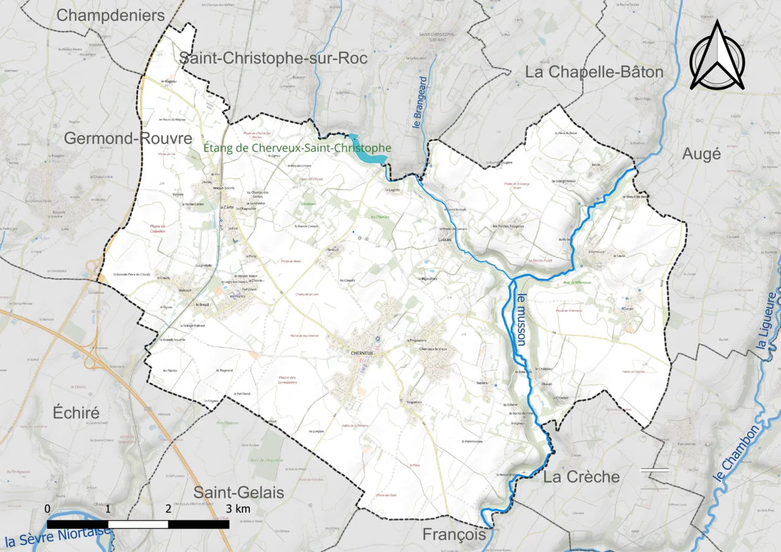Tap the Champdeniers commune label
110,15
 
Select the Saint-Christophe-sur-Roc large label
273,58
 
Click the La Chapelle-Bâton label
594,72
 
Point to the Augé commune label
702,154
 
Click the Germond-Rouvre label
128,138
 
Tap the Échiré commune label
76,412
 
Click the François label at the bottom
455,535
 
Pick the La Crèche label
581,477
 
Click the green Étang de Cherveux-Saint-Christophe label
297,148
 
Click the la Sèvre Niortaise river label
58,537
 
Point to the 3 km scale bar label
237,509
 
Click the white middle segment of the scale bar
138,524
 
